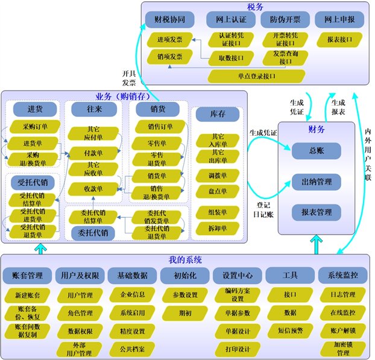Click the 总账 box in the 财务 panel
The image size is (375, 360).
tap(317, 151)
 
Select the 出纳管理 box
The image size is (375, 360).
tap(317, 182)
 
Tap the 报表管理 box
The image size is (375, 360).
tap(317, 212)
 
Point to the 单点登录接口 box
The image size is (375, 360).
tap(257, 77)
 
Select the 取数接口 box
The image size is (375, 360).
tap(230, 58)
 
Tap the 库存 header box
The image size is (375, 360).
tap(218, 114)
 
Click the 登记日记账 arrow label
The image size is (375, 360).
tap(263, 209)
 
